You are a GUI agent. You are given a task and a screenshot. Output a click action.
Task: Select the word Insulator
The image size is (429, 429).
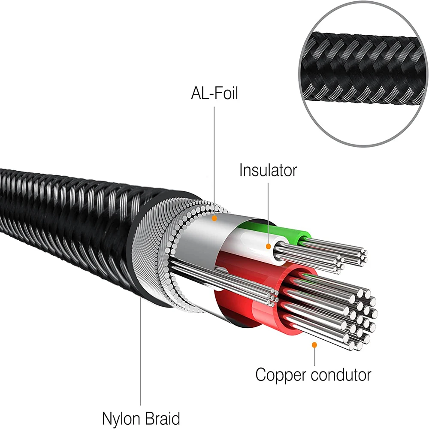268,170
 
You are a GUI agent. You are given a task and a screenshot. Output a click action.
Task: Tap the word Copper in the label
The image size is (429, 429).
281,375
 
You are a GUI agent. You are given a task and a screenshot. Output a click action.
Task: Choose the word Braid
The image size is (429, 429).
162,417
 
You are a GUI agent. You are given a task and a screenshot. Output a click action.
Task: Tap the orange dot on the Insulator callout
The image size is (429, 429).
268,247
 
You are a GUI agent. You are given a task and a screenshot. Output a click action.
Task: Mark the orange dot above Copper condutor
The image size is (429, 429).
314,344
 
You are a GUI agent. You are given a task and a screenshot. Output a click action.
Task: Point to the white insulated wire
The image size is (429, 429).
253,240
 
